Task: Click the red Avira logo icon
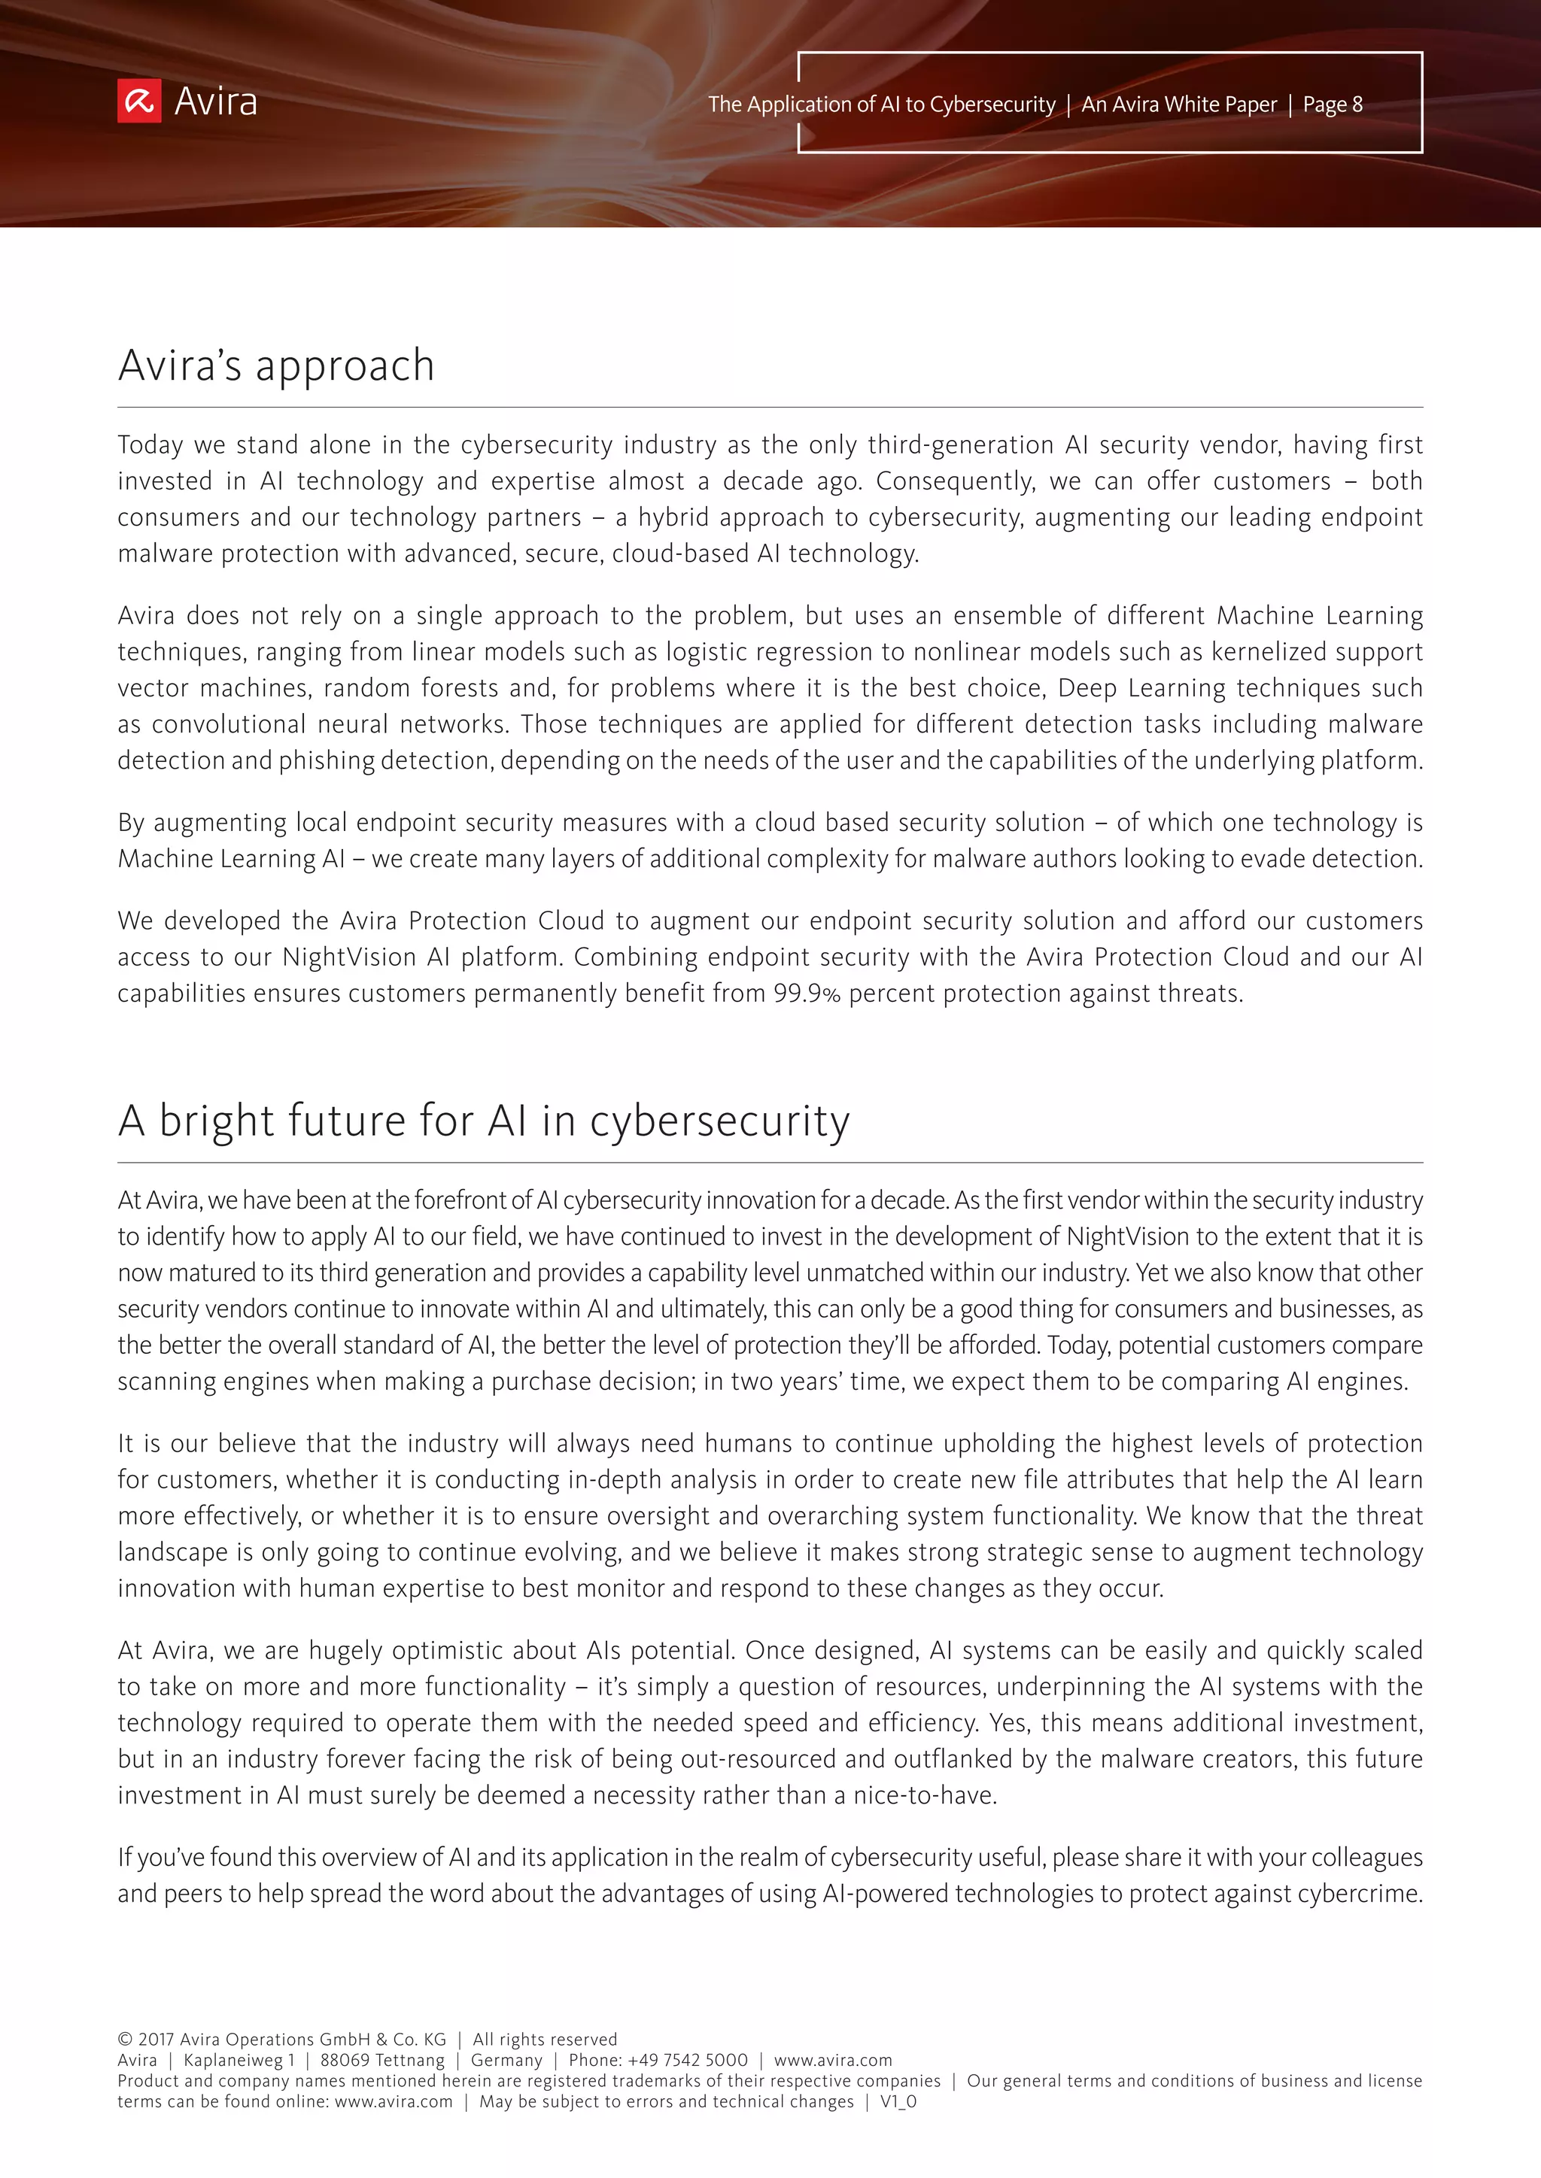click(x=139, y=102)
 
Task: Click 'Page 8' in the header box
click(x=1333, y=105)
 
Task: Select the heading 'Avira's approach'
click(x=276, y=366)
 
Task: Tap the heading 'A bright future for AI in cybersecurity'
click(x=484, y=1121)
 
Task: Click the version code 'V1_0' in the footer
click(x=898, y=2101)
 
